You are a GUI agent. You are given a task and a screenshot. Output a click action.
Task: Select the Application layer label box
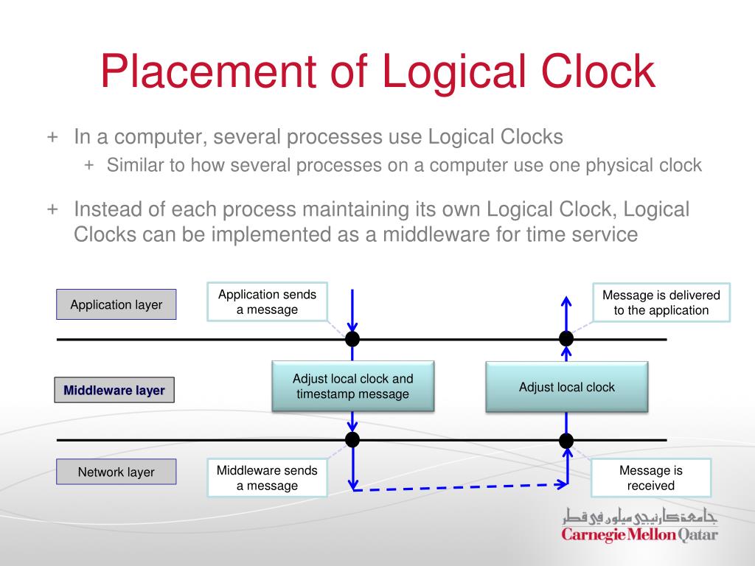coord(116,304)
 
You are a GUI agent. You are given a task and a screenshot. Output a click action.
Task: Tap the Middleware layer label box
coord(114,390)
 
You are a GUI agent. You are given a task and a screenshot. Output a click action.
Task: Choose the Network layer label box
coord(116,472)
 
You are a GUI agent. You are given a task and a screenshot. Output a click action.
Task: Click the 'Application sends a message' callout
coord(267,301)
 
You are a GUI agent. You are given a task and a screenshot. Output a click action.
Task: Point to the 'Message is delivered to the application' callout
coord(661,302)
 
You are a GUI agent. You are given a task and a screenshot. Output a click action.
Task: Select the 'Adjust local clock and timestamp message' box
coord(352,386)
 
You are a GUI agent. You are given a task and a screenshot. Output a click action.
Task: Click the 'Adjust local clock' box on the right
coord(566,387)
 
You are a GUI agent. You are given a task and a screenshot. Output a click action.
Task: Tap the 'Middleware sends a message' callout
coord(267,478)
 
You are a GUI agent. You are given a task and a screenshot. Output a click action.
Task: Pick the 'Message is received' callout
coord(650,478)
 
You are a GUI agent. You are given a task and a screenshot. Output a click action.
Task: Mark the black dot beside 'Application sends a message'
coord(352,339)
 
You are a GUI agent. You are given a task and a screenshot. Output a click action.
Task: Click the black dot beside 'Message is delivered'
coord(566,339)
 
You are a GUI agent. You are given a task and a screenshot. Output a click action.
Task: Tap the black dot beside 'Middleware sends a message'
coord(352,440)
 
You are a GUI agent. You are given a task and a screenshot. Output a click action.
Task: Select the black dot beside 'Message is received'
coord(566,441)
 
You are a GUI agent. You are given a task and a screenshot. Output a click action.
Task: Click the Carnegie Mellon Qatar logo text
coord(639,534)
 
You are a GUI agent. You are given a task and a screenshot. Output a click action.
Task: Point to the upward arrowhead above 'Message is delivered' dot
coord(566,300)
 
